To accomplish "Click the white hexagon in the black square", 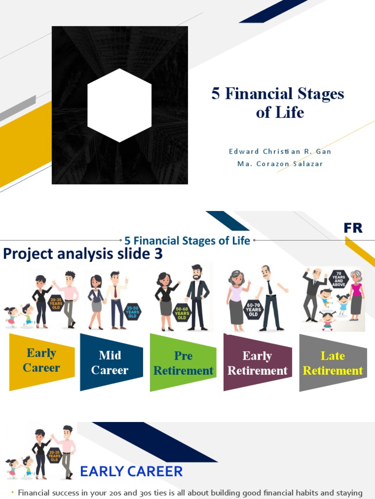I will (120, 105).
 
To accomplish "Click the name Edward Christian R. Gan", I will (280, 152).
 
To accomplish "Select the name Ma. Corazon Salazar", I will (280, 164).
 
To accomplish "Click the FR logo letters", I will (353, 228).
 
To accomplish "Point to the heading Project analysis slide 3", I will (83, 254).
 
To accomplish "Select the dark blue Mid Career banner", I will (110, 363).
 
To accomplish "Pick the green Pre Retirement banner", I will (183, 363).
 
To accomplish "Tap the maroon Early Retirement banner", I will (257, 363).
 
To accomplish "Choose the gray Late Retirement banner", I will (333, 363).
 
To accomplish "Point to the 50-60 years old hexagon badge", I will (182, 312).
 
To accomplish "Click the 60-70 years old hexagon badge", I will (253, 309).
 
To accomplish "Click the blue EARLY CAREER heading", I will (131, 471).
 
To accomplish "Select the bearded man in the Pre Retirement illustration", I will (197, 297).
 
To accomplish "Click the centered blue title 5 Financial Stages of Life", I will (187, 240).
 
